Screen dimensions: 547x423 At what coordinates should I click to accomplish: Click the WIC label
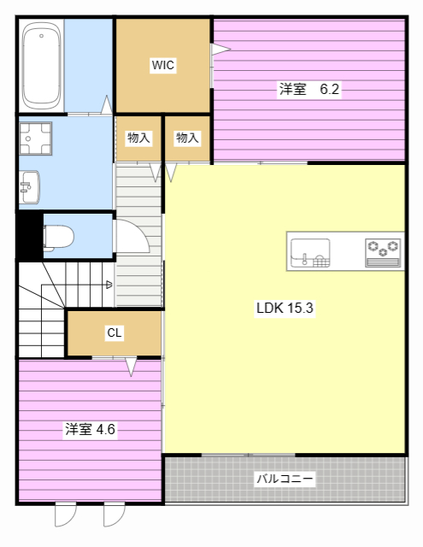coord(163,66)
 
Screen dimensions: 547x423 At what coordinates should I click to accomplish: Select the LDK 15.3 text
coord(285,309)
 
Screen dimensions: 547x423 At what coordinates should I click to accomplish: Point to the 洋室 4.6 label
coord(91,429)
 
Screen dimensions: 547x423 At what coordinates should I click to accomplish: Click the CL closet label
coord(114,333)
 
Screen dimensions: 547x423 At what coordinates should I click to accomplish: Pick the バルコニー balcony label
coord(285,479)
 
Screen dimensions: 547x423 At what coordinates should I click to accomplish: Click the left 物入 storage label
coord(138,137)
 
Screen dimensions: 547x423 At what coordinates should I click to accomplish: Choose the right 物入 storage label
coord(187,137)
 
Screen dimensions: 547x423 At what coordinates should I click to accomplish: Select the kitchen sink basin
coord(309,254)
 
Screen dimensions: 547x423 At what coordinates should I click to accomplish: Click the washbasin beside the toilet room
coord(29,186)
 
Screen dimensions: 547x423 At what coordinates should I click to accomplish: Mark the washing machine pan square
coord(36,137)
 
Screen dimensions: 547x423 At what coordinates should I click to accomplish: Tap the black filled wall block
coord(28,235)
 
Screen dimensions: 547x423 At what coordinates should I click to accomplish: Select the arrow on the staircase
coord(109,285)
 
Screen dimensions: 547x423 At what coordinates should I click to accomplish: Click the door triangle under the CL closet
coord(131,368)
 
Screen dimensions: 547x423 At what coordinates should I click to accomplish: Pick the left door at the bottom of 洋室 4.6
coord(66,515)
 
